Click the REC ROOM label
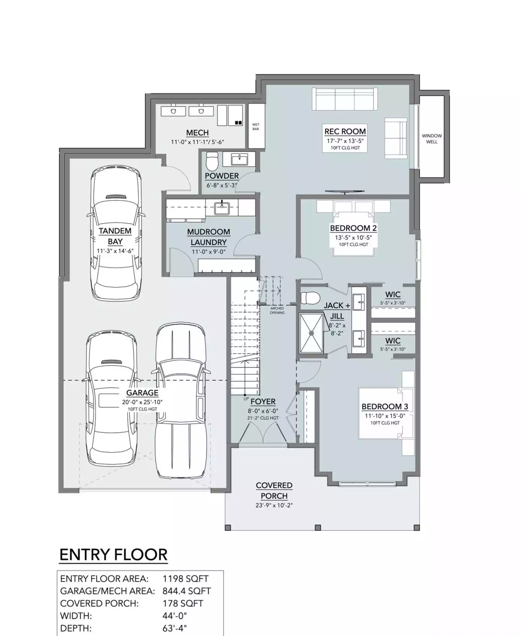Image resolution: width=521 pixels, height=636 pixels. (x=345, y=131)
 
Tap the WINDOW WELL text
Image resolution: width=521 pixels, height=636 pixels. (x=432, y=139)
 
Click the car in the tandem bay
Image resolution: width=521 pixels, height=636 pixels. (x=116, y=233)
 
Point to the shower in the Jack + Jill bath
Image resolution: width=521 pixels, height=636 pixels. (x=311, y=333)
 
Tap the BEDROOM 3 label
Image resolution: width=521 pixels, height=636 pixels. (x=385, y=406)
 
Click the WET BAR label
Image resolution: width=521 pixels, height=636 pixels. (x=256, y=127)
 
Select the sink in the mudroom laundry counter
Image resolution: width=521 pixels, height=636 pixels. (x=222, y=208)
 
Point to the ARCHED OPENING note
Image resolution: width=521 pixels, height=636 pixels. (x=277, y=310)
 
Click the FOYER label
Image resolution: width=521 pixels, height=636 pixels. (x=263, y=402)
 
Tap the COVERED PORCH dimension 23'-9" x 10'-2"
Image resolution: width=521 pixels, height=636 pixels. (x=274, y=505)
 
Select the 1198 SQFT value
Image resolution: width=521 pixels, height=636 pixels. (x=185, y=579)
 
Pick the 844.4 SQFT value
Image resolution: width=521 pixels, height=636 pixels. (x=187, y=591)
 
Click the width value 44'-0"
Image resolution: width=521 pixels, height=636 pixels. (x=175, y=616)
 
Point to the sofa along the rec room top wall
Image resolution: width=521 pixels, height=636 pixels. (x=345, y=99)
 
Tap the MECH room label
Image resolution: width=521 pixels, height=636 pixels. (x=197, y=133)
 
